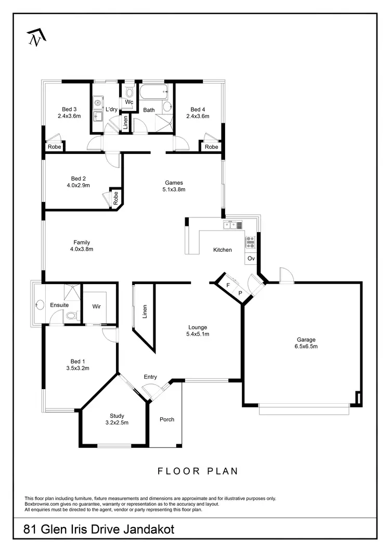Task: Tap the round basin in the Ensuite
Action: (x=39, y=305)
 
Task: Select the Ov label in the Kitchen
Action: (x=251, y=259)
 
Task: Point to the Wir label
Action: (x=96, y=306)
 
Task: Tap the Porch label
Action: (x=167, y=419)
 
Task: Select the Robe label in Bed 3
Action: (x=54, y=147)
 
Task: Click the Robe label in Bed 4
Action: (x=211, y=147)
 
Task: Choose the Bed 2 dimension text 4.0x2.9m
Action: (x=78, y=185)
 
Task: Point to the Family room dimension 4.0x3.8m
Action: (x=82, y=249)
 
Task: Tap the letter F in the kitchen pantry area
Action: (x=228, y=285)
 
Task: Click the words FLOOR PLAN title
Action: (x=198, y=471)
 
